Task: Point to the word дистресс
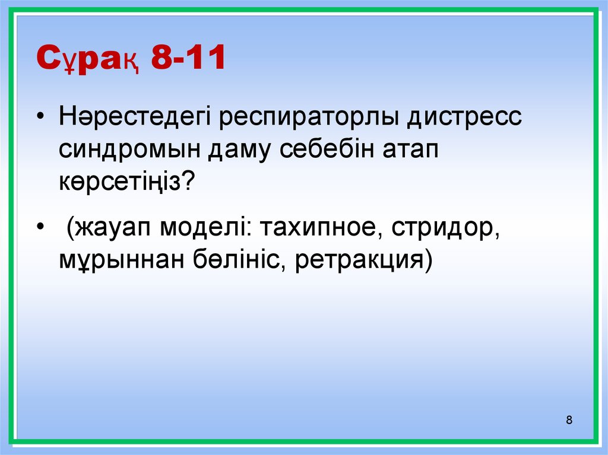tap(465, 116)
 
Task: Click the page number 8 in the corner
tap(569, 421)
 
